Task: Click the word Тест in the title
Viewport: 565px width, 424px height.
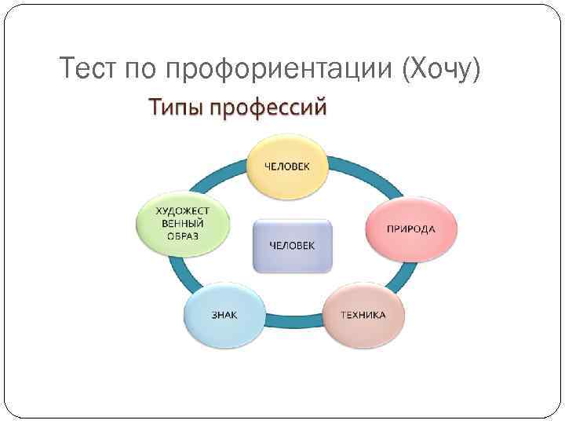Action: tap(87, 71)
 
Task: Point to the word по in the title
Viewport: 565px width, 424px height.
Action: tap(142, 71)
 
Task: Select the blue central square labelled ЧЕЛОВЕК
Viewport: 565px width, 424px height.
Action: tap(292, 245)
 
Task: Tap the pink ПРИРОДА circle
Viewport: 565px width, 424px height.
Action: tap(410, 228)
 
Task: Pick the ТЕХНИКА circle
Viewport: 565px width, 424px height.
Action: tap(362, 315)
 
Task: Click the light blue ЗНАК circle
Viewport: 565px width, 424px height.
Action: tap(224, 315)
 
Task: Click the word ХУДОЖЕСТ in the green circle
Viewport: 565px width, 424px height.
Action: tap(181, 210)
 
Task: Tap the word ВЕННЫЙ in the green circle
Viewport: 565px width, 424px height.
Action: tap(181, 223)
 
